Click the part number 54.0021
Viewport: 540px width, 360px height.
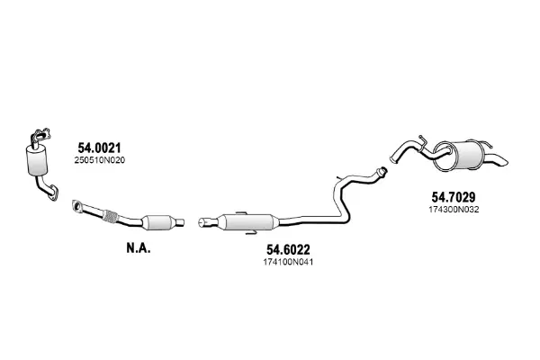(x=99, y=148)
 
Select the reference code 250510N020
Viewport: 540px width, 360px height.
(x=100, y=160)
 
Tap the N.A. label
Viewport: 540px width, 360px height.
(x=139, y=248)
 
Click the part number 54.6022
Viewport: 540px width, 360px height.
(x=288, y=249)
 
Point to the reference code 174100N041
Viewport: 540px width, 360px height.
(x=288, y=262)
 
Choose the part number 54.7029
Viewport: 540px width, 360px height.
(x=454, y=197)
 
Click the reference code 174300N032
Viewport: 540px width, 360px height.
(x=454, y=210)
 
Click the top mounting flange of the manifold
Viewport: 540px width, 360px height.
(x=41, y=135)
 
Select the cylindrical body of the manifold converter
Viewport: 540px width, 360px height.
(x=37, y=160)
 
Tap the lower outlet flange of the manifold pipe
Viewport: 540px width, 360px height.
(x=53, y=193)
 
